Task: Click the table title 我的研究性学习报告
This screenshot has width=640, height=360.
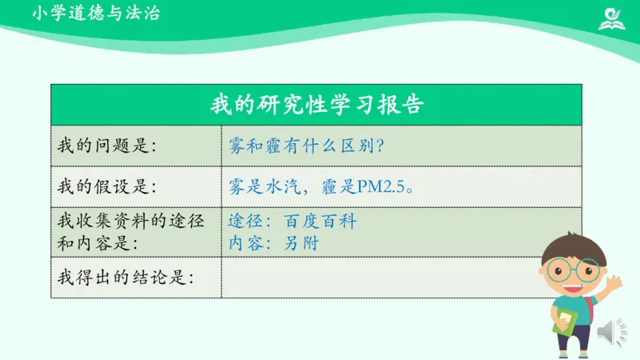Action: click(316, 105)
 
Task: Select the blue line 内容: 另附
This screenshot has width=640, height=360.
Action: click(273, 242)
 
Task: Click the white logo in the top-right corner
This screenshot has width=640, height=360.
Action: click(612, 18)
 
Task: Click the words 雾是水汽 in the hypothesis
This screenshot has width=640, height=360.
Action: click(258, 187)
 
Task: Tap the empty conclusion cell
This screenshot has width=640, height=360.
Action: click(376, 278)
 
